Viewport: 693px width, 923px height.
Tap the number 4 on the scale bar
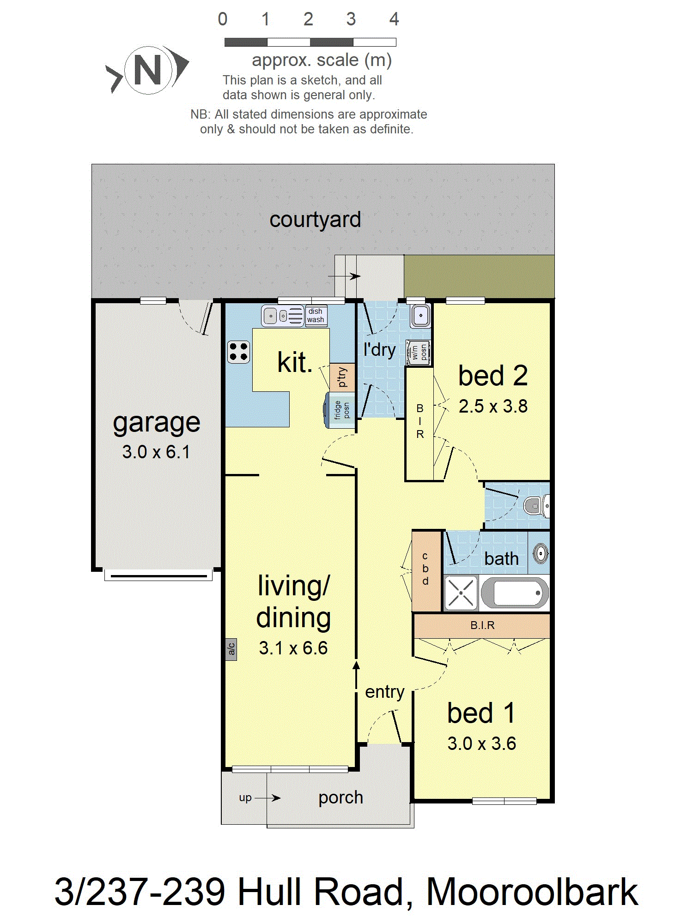(394, 19)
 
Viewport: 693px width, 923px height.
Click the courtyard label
(315, 220)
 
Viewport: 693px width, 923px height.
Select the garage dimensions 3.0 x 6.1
(156, 452)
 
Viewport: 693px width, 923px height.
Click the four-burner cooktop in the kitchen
(239, 352)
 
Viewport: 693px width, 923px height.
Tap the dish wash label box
(316, 316)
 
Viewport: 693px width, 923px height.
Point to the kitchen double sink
(283, 316)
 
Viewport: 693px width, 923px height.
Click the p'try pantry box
(342, 378)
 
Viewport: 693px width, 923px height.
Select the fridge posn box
(340, 410)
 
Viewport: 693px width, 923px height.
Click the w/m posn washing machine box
(419, 353)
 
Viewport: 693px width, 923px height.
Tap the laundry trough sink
(421, 316)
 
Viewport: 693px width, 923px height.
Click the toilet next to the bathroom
(537, 506)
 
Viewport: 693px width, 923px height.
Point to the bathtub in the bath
(515, 593)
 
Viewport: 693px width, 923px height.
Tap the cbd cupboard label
(426, 569)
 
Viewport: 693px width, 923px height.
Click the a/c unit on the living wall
(231, 649)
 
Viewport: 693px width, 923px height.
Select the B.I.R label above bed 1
(482, 625)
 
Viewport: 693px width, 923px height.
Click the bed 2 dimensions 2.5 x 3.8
(493, 407)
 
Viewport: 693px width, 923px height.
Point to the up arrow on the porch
(267, 798)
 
